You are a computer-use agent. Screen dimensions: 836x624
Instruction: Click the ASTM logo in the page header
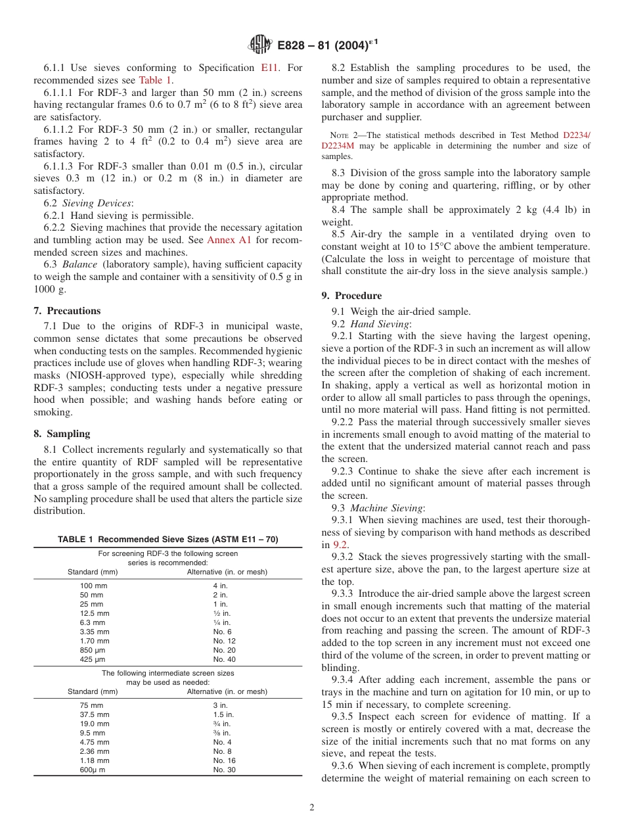[x=260, y=45]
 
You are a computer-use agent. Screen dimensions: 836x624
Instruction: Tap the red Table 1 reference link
[x=156, y=80]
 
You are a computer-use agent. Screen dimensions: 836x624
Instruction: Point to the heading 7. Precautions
[x=67, y=311]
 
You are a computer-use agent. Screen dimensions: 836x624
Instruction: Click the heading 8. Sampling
[x=62, y=434]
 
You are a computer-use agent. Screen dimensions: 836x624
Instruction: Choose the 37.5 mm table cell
[x=95, y=714]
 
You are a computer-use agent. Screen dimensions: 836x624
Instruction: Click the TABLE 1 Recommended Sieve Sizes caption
[x=167, y=540]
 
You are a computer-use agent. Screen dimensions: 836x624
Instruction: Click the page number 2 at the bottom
[x=312, y=808]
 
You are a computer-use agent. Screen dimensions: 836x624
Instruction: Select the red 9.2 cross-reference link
[x=340, y=544]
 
